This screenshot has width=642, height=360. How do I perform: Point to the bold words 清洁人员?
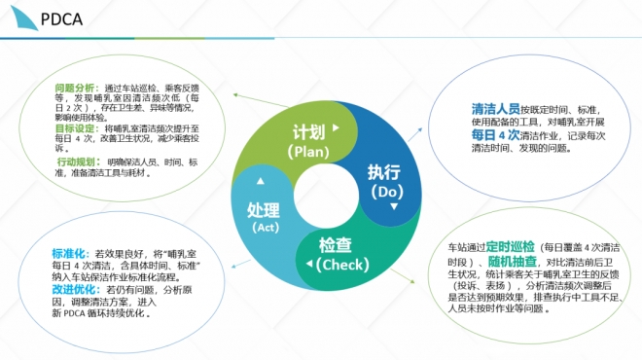(x=494, y=108)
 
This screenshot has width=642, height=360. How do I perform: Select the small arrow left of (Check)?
(x=309, y=264)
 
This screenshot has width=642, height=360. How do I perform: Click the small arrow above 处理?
(x=258, y=182)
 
